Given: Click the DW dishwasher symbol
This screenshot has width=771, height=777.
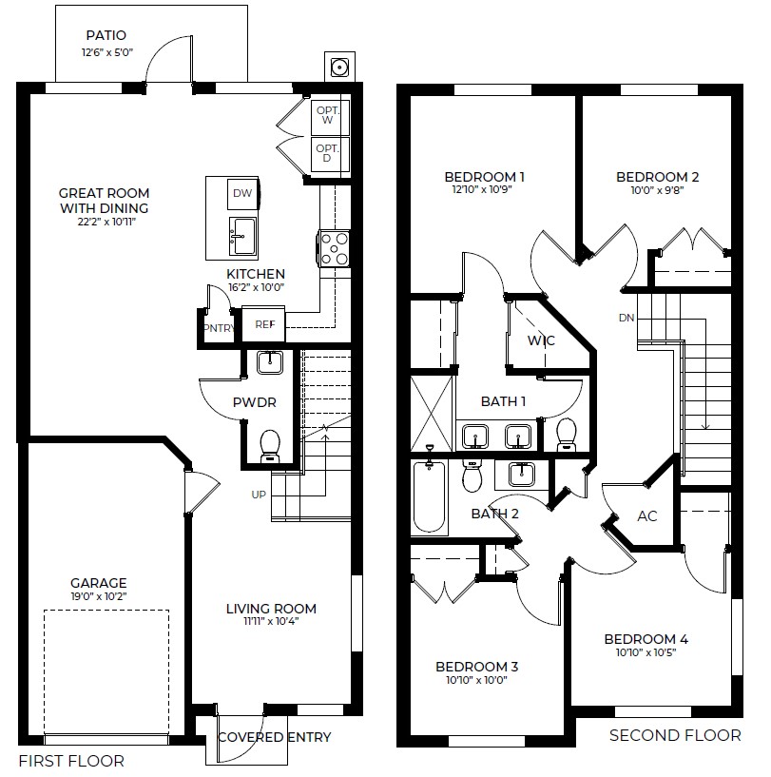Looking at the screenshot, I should [x=241, y=194].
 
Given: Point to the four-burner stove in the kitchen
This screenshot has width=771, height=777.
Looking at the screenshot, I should [x=334, y=249].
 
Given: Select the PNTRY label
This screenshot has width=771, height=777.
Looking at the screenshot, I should [x=218, y=328].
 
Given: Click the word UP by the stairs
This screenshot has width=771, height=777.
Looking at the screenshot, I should [x=259, y=495].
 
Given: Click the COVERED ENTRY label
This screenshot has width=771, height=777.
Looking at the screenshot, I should [x=274, y=737].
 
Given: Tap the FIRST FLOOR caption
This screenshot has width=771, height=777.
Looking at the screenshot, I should [x=70, y=762].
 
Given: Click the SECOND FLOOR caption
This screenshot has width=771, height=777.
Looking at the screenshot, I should [x=674, y=735].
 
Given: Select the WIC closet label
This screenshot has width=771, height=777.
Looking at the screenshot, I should [x=541, y=340].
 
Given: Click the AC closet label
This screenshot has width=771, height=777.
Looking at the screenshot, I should [x=647, y=515].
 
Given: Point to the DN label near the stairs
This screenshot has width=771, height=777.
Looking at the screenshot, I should [x=626, y=318].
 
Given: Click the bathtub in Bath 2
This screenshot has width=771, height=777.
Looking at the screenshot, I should [x=430, y=498].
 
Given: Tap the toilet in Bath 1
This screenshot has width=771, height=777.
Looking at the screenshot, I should [x=568, y=434].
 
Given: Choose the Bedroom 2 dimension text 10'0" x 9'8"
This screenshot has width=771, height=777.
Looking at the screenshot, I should [x=657, y=190].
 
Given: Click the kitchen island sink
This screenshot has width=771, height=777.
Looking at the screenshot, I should [x=241, y=234].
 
